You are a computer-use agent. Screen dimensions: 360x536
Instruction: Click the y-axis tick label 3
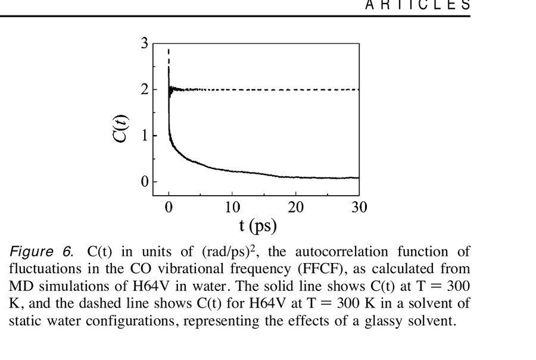(x=144, y=43)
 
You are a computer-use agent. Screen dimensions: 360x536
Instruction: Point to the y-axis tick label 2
(x=144, y=89)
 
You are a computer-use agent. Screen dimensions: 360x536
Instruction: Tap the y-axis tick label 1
(x=144, y=135)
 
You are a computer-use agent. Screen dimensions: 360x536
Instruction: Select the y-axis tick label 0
(x=144, y=181)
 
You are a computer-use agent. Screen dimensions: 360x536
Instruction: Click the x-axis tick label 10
(x=232, y=207)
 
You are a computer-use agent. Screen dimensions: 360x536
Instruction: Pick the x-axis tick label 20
(x=296, y=207)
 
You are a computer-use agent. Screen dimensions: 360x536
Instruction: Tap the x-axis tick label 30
(x=359, y=207)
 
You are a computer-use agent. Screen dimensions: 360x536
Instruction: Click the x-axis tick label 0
(x=169, y=207)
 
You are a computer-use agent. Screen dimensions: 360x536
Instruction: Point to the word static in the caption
(x=27, y=321)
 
